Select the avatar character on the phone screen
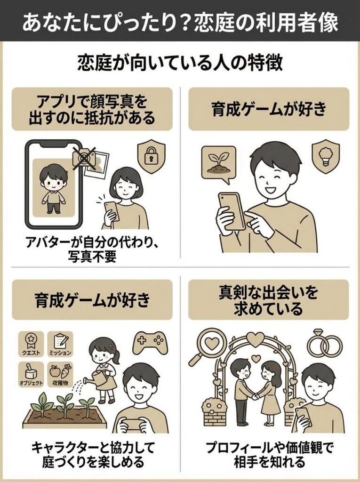[x=53, y=189]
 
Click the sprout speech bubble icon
[x=218, y=163]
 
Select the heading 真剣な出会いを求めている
[x=269, y=300]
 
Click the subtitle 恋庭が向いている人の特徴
[x=180, y=64]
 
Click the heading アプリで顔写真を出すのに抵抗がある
[x=92, y=109]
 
